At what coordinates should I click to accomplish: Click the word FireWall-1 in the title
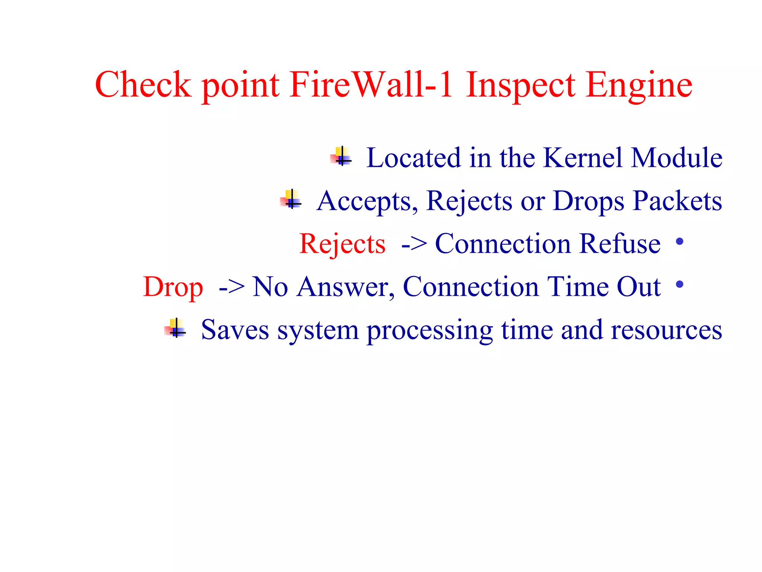(371, 85)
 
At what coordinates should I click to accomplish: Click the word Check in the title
(143, 85)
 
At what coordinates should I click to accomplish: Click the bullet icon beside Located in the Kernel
(341, 157)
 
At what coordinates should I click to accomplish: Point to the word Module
(677, 158)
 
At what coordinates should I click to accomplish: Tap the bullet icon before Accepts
(291, 200)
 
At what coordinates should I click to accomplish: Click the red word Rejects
(342, 244)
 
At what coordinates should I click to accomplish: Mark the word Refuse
(620, 244)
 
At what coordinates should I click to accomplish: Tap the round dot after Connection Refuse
(679, 242)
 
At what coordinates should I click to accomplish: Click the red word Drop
(173, 287)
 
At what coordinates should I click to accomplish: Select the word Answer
(345, 287)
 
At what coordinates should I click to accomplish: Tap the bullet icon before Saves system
(176, 328)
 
